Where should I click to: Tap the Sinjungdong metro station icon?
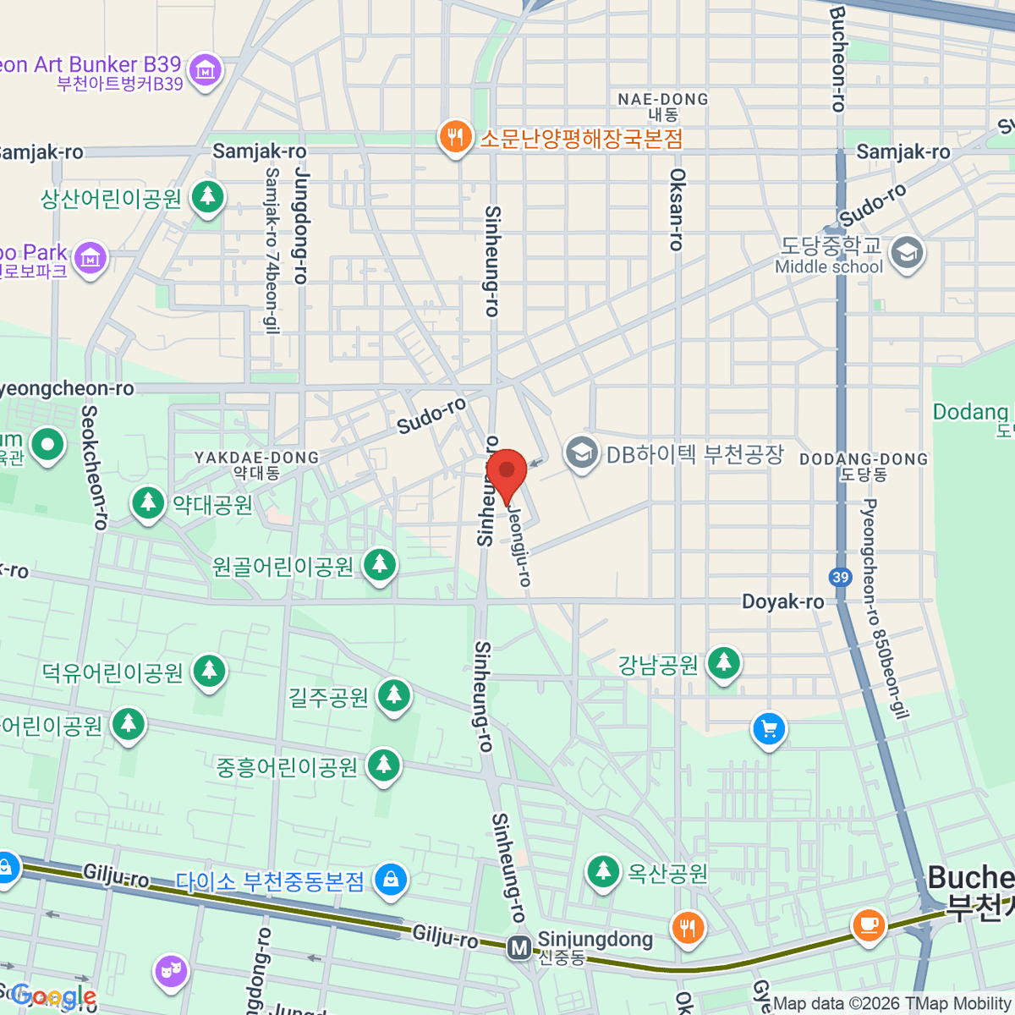pyautogui.click(x=519, y=947)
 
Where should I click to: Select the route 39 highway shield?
pyautogui.click(x=840, y=578)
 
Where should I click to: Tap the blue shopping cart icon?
pyautogui.click(x=769, y=729)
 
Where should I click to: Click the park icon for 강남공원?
pyautogui.click(x=723, y=664)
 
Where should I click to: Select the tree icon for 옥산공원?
pyautogui.click(x=603, y=871)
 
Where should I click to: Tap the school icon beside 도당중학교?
pyautogui.click(x=907, y=253)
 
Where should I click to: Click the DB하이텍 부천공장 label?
pyautogui.click(x=694, y=454)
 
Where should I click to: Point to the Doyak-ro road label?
pyautogui.click(x=782, y=601)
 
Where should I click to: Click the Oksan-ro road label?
pyautogui.click(x=676, y=209)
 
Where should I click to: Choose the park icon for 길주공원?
pyautogui.click(x=392, y=696)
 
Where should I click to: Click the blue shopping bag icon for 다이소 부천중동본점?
pyautogui.click(x=391, y=880)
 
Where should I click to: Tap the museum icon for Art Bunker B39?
pyautogui.click(x=206, y=71)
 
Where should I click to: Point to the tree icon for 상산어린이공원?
pyautogui.click(x=207, y=198)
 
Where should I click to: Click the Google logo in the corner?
pyautogui.click(x=52, y=996)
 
